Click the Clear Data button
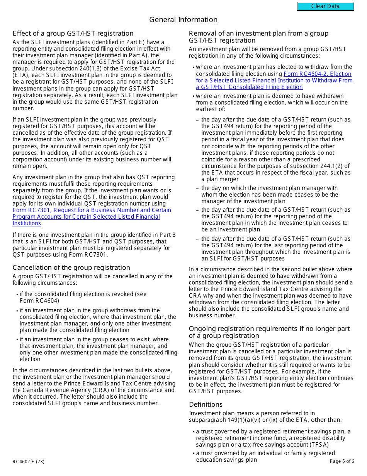coord(325,6)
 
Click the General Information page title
coord(183,20)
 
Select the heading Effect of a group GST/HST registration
coord(73,33)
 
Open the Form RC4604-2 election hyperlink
coord(274,80)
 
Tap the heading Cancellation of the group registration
coord(71,267)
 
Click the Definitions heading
coord(206,404)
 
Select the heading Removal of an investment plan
coord(258,37)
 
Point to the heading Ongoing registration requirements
coord(269,332)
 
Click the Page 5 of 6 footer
coord(342,461)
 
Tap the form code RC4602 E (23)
coord(28,461)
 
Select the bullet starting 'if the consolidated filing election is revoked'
coord(83,297)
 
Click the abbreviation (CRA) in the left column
coord(79,390)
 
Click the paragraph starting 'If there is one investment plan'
coord(95,245)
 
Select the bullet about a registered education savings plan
coord(265,456)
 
